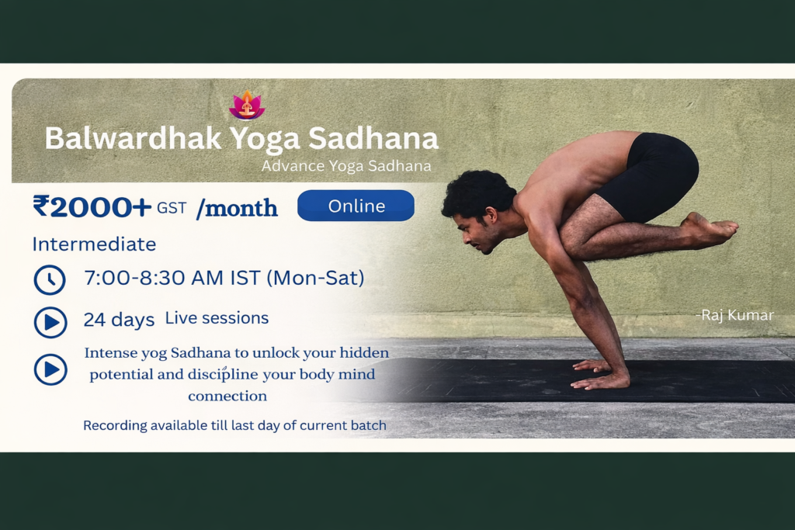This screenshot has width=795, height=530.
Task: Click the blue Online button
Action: click(x=356, y=206)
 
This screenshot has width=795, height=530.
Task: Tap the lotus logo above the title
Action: click(x=247, y=105)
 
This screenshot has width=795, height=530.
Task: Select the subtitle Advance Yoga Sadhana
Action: click(x=346, y=166)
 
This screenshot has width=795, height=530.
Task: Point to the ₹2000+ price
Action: click(x=92, y=206)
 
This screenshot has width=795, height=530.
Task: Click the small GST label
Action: click(x=172, y=208)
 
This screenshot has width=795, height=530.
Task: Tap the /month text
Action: click(x=237, y=208)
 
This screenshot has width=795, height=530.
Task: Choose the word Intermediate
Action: click(x=94, y=244)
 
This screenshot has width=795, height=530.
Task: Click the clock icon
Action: click(x=50, y=279)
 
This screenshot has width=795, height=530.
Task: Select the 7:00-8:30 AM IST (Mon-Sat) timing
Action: click(x=224, y=278)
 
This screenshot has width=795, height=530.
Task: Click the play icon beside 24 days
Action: click(x=50, y=322)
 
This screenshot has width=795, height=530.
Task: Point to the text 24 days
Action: click(x=119, y=320)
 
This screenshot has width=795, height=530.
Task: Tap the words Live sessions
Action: click(x=217, y=318)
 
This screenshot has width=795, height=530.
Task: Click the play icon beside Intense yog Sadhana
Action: click(x=50, y=369)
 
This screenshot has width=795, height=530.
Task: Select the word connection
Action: click(x=227, y=396)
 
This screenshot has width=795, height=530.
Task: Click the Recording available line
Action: click(x=234, y=425)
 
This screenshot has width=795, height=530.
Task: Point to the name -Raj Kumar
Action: click(x=734, y=315)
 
